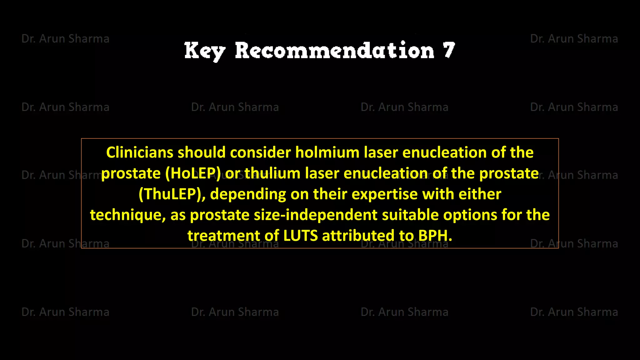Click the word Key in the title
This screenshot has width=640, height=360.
pos(204,51)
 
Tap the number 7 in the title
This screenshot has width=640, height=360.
pos(449,50)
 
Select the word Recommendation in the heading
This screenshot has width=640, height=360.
pos(334,51)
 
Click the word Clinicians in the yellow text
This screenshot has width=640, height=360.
pos(140,152)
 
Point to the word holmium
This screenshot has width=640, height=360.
pos(327,152)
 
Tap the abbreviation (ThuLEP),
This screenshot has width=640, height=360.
pos(172,194)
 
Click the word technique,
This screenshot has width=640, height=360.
pos(128,215)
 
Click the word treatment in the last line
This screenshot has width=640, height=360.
pos(224,236)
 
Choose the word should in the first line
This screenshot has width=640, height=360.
pos(202,152)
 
